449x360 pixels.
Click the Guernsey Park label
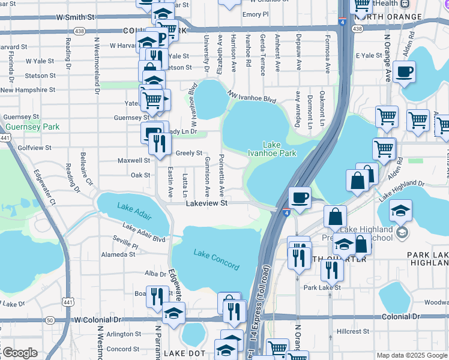(x=32, y=127)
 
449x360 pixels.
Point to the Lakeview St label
(x=206, y=204)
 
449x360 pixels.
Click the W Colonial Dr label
(x=97, y=320)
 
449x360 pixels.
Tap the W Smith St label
(x=76, y=18)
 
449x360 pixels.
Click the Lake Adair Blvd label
(x=143, y=232)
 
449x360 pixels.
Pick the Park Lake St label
(x=322, y=287)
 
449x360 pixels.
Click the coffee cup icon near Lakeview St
(x=300, y=197)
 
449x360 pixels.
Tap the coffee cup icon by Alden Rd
(x=404, y=72)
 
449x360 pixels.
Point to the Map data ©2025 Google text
(x=412, y=355)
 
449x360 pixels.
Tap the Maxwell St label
(x=134, y=161)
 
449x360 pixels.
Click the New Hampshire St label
(x=28, y=90)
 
